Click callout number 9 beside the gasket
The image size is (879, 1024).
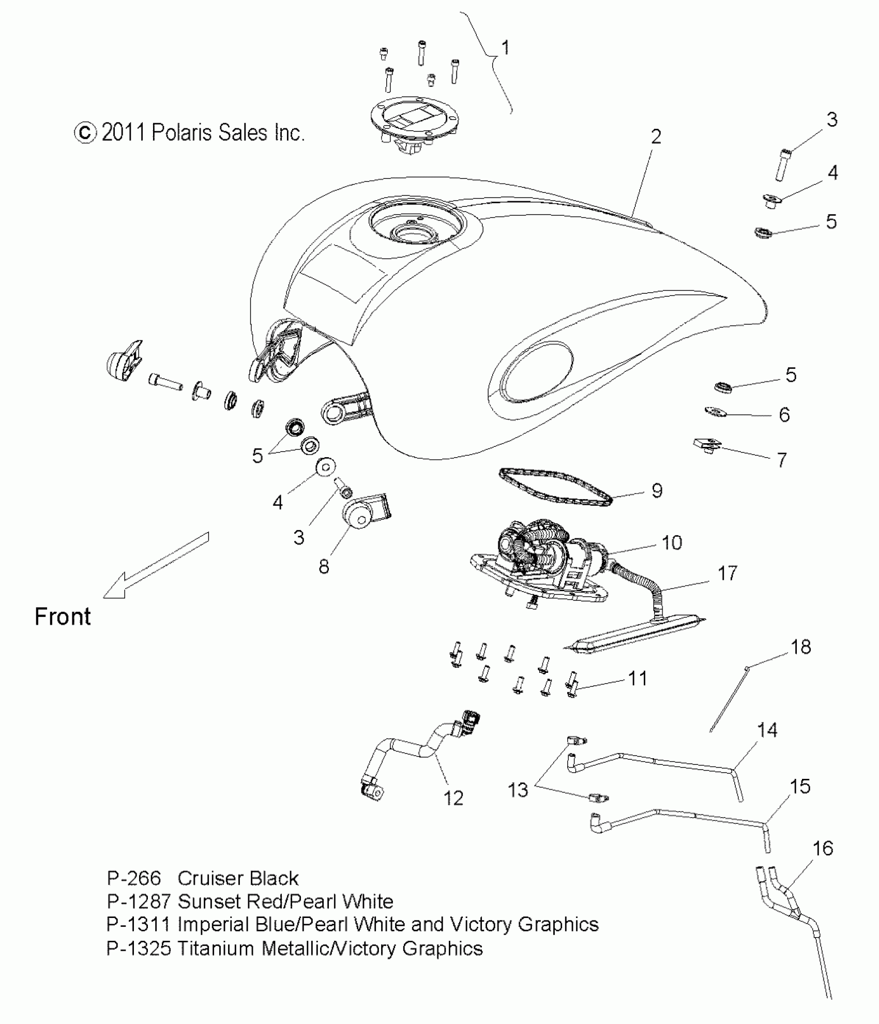click(x=657, y=491)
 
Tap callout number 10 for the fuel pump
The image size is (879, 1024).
click(x=672, y=543)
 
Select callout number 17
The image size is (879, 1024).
click(x=727, y=574)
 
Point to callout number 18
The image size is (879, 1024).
click(x=801, y=647)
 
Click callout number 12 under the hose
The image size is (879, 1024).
click(x=453, y=798)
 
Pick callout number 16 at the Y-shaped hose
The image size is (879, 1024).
click(x=823, y=849)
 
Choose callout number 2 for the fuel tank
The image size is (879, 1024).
click(x=656, y=137)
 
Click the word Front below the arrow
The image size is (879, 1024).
click(x=63, y=617)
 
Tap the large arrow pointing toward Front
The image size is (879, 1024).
click(x=155, y=566)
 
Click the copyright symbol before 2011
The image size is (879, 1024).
click(x=85, y=133)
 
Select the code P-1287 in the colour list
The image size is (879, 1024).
click(x=138, y=901)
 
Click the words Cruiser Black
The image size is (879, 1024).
click(x=238, y=878)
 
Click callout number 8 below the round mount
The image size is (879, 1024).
click(x=324, y=567)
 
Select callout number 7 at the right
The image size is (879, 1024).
click(x=782, y=460)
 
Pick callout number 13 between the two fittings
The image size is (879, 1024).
click(x=518, y=790)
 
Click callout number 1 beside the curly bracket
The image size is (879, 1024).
click(x=505, y=48)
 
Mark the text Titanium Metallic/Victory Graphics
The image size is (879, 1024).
click(x=330, y=948)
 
